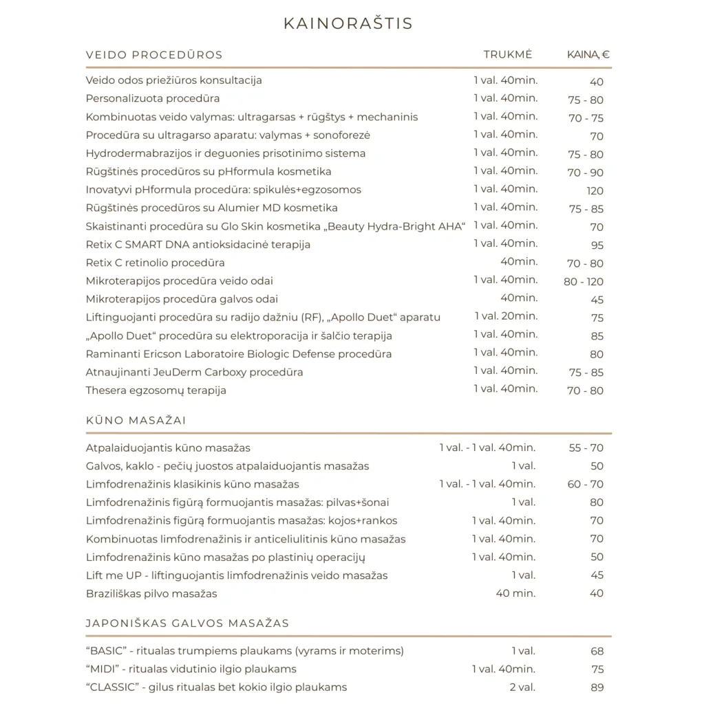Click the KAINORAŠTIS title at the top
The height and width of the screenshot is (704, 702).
pos(348,24)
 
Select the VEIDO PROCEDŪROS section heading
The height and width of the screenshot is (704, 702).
pos(154,55)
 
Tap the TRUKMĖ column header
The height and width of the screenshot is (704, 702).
pos(507,55)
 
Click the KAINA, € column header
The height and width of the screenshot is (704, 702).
pos(588,55)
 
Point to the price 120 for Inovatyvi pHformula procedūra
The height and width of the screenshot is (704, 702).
pos(595,190)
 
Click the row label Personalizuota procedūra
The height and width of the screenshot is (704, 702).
pos(153,98)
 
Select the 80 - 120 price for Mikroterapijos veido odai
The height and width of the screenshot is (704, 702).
pos(584,282)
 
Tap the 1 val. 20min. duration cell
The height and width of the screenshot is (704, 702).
pos(506,316)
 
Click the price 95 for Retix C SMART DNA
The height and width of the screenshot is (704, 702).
pos(597,245)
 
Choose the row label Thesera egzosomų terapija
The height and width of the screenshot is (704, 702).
pos(156,390)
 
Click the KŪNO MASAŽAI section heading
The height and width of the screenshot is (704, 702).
pos(136,420)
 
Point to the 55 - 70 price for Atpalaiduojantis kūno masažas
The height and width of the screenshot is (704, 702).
pos(586,448)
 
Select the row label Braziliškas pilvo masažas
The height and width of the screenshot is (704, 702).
pos(151,593)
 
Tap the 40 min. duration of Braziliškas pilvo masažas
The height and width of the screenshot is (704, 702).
pos(515,593)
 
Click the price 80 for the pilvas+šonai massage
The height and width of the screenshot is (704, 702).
pos(597,503)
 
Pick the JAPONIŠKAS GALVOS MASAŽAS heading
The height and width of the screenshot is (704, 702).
pos(187,624)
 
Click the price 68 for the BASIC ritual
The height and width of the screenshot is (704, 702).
pos(597,651)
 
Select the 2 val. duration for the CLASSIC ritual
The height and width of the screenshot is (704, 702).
pos(522,687)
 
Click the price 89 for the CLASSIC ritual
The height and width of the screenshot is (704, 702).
pos(597,687)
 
